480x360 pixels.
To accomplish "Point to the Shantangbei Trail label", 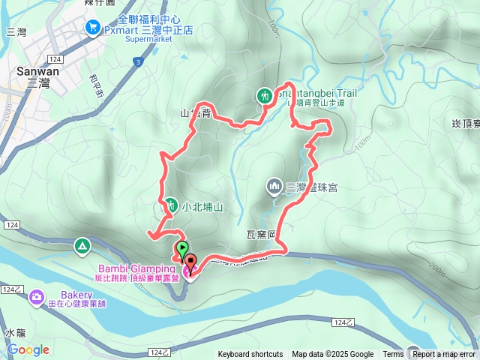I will [315, 93].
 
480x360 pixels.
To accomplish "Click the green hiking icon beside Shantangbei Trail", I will [264, 95].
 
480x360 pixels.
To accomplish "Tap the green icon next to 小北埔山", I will [170, 205].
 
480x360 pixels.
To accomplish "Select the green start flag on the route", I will [181, 248].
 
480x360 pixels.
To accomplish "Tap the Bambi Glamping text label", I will [135, 268].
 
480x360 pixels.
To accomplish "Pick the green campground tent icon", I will [82, 245].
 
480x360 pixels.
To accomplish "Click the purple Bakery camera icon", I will [36, 298].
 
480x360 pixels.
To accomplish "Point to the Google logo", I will [28, 349].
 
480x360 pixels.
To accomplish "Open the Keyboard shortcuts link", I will [250, 355].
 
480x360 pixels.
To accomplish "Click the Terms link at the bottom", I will [393, 355].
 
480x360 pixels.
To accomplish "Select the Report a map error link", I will [443, 355].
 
